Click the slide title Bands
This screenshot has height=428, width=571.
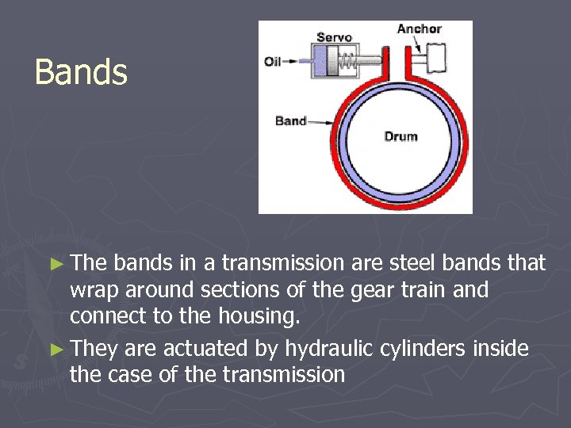tap(81, 72)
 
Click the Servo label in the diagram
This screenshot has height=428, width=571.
tap(334, 37)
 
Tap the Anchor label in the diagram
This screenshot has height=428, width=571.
tap(420, 29)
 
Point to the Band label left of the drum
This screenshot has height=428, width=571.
tap(290, 120)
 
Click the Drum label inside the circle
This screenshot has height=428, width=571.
tap(400, 136)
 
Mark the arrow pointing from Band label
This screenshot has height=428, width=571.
tap(320, 121)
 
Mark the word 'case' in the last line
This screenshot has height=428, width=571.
tap(134, 374)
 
